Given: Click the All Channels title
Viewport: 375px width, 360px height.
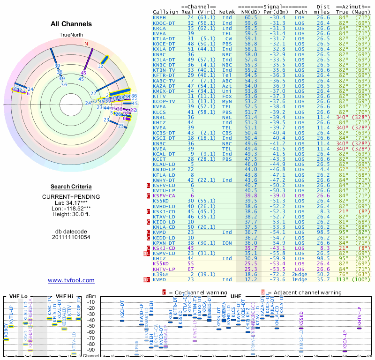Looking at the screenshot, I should tap(71, 24).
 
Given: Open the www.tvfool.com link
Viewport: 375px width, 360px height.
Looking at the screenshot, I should tap(71, 280).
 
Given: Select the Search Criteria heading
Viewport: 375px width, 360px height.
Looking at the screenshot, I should tap(71, 187).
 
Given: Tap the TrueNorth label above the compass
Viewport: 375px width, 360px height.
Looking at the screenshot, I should tap(71, 35).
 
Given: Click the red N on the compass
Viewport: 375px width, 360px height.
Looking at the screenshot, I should tap(86, 44).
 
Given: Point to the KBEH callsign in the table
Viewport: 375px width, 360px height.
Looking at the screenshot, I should tap(159, 17).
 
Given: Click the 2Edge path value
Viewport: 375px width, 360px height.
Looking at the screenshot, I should tap(300, 274).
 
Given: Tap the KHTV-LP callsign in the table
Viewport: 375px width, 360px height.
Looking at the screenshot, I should tap(164, 269).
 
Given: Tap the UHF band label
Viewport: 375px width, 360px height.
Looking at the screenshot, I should tap(235, 296).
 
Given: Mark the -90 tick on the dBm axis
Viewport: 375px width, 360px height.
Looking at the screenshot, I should tap(91, 350).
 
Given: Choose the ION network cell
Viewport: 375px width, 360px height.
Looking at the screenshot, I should tap(227, 243).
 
